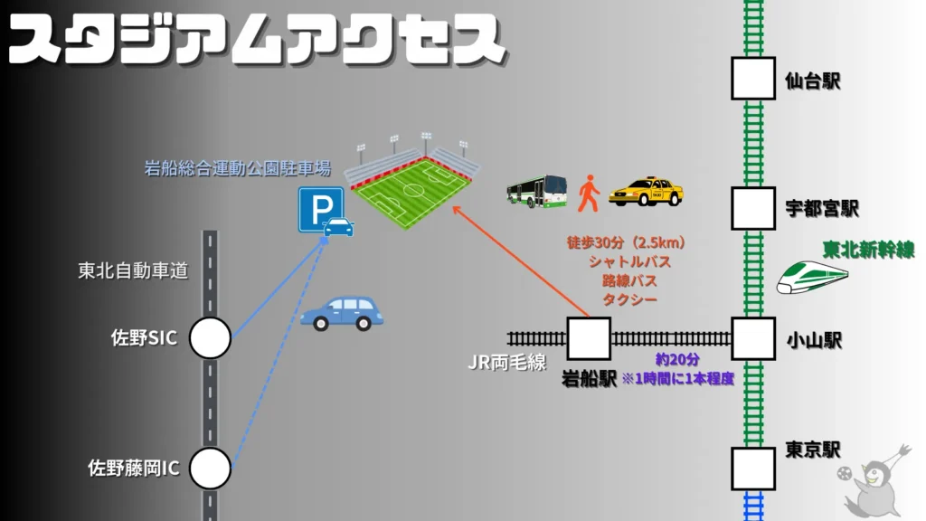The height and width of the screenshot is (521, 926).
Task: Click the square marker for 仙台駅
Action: (x=753, y=79)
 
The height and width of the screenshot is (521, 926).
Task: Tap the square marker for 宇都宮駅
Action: (x=753, y=208)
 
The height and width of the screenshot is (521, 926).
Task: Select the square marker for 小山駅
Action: (x=753, y=339)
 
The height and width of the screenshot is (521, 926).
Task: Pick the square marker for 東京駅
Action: (x=753, y=469)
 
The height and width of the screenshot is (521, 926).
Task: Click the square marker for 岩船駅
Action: (x=589, y=339)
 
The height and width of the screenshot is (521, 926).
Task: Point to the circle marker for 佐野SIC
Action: (x=210, y=338)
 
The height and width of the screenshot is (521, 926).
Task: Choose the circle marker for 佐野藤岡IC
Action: (x=210, y=469)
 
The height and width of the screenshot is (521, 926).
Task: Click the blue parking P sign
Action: (x=321, y=210)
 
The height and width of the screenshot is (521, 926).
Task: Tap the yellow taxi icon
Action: (x=646, y=192)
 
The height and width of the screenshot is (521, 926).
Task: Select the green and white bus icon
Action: (x=536, y=192)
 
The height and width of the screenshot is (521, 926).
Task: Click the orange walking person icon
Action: (x=589, y=194)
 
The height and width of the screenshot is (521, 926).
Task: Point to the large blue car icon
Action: (x=342, y=313)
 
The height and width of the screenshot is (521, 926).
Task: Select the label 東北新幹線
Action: (x=867, y=248)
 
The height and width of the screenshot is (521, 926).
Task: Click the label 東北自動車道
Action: (x=133, y=270)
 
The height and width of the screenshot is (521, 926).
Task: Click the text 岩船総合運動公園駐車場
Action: (x=237, y=168)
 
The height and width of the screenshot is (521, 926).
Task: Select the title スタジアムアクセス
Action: (x=255, y=41)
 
